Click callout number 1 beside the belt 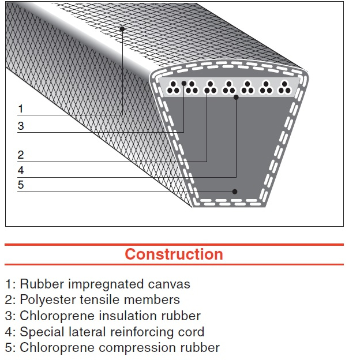[x=21, y=108]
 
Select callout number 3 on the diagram [x=21, y=126]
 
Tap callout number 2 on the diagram [x=21, y=155]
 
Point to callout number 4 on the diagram [x=21, y=170]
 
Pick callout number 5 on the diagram [x=21, y=185]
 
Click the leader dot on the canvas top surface [x=122, y=29]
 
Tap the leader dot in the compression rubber [x=235, y=192]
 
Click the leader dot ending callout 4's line [x=236, y=97]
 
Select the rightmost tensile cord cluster [x=284, y=88]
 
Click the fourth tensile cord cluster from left [x=228, y=88]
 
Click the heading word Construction [x=174, y=254]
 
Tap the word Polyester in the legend [x=48, y=300]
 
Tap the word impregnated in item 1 [x=106, y=284]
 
